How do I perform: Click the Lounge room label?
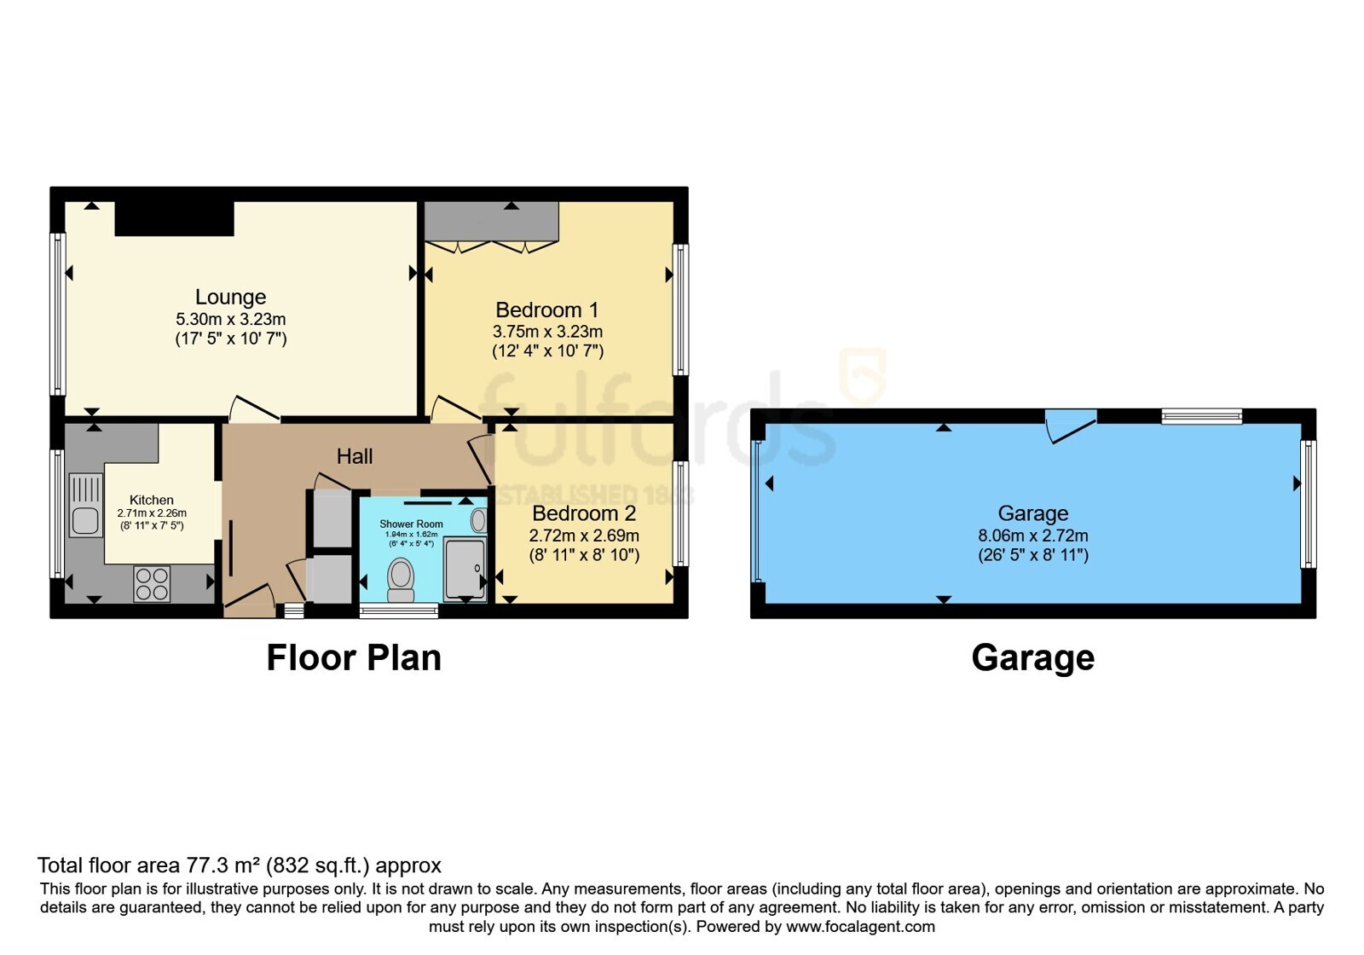(x=230, y=297)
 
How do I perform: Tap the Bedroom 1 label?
(x=546, y=310)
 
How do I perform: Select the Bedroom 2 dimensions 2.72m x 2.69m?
(x=584, y=535)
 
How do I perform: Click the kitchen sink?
(x=85, y=505)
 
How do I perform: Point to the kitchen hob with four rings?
(x=153, y=584)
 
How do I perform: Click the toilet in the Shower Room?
(x=401, y=580)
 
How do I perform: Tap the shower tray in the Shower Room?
(x=465, y=569)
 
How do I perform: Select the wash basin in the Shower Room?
(x=478, y=521)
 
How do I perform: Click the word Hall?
(x=355, y=456)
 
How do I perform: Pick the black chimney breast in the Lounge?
(x=175, y=218)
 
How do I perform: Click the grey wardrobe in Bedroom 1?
(x=491, y=222)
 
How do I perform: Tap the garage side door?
(x=1071, y=426)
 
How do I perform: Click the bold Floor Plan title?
(x=354, y=657)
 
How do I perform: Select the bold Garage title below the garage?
(x=1032, y=657)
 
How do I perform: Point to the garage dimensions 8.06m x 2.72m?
(x=1032, y=535)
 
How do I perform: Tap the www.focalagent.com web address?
(x=860, y=926)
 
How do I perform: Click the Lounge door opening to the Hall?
(x=254, y=408)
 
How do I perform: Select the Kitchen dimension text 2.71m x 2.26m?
(x=152, y=512)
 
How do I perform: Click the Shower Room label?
(x=411, y=524)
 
